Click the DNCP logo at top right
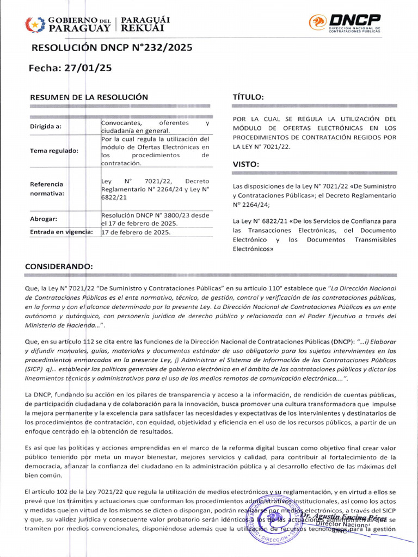pos(345,23)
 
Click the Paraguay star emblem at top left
pos(34,24)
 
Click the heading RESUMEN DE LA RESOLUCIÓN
pos(89,97)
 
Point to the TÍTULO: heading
pos(248,97)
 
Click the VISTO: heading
pos(246,164)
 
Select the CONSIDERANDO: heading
pos(59,267)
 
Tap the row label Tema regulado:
pos(53,151)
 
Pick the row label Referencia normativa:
pos(47,189)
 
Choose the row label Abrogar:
pos(44,219)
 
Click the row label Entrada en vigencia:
pos(61,232)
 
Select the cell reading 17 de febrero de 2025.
pos(136,232)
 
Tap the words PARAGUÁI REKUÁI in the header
pos(145,23)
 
